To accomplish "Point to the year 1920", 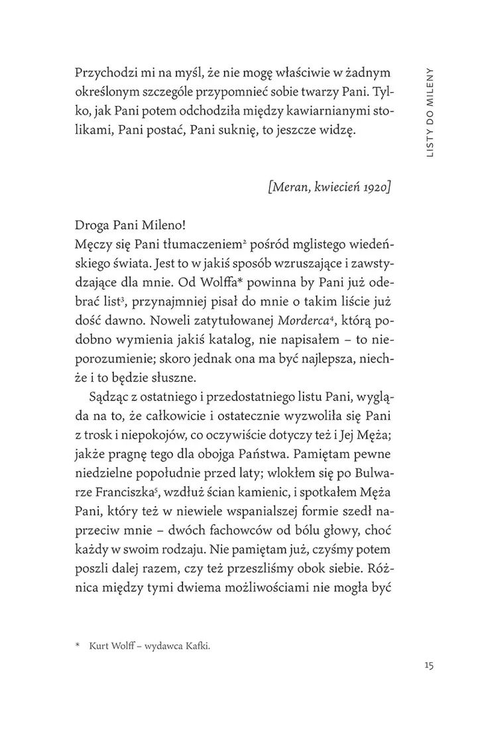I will click(375, 187).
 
